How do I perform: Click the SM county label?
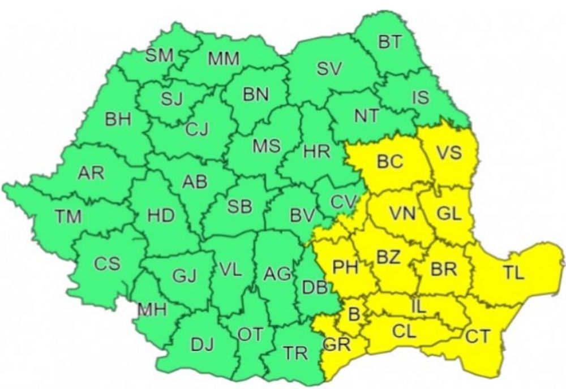(x=160, y=55)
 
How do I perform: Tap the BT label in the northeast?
(x=390, y=43)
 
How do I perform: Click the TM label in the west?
(x=68, y=216)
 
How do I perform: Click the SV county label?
(x=329, y=70)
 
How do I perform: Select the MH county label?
(x=152, y=309)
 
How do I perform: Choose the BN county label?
(x=256, y=94)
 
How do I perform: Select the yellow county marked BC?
(x=390, y=162)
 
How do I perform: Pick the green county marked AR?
(x=91, y=173)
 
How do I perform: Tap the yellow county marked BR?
(x=443, y=269)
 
